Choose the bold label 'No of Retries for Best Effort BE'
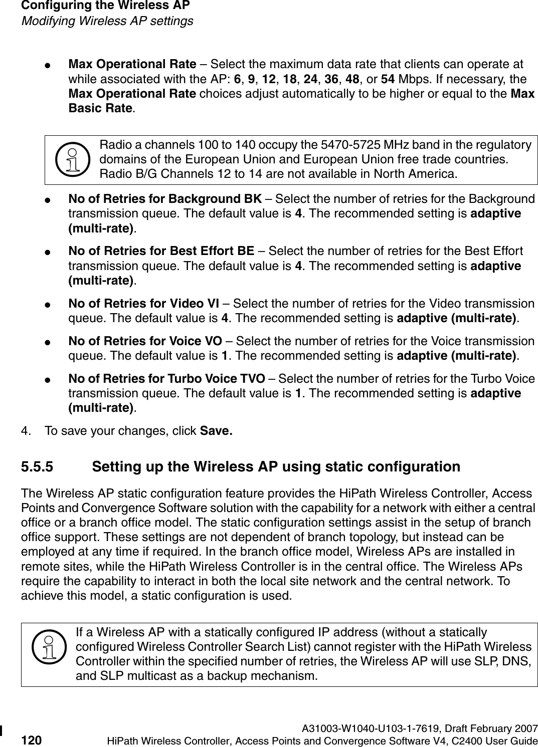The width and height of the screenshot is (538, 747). click(161, 251)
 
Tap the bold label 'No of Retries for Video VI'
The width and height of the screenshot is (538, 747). click(143, 303)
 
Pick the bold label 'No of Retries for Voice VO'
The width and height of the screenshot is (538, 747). click(145, 341)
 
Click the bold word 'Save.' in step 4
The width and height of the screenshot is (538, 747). click(216, 431)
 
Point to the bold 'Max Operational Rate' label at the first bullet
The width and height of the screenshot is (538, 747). click(132, 65)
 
